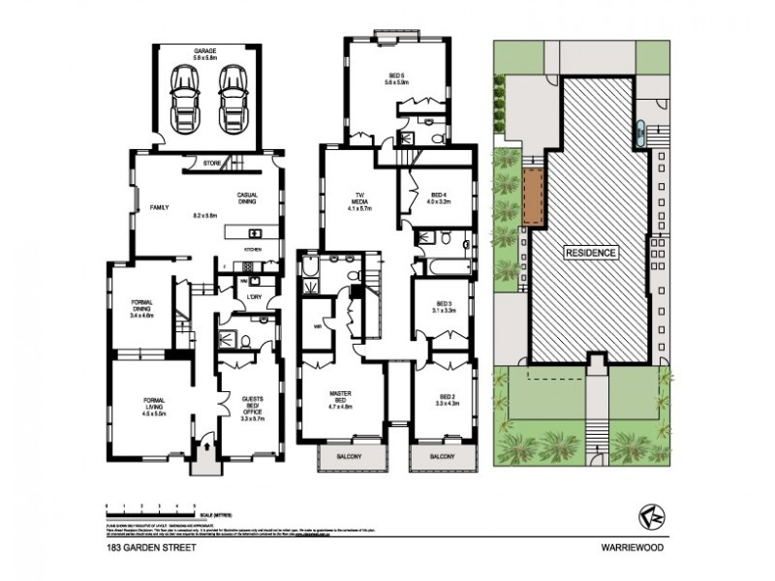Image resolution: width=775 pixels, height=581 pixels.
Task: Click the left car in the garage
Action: [x=182, y=99]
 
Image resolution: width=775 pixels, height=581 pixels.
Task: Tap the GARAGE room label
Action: [x=205, y=52]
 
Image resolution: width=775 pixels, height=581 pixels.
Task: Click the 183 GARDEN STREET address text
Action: [x=139, y=547]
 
